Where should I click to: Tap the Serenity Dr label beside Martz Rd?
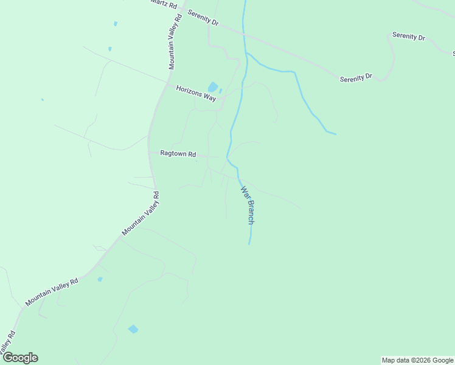coord(203,18)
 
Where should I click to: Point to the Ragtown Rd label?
coord(178,154)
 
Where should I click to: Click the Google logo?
coord(20,358)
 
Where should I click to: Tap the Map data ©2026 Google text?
coord(417,360)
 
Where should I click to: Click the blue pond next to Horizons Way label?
coord(212,87)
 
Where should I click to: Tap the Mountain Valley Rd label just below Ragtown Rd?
coord(141,214)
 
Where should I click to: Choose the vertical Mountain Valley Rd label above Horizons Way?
coord(175,42)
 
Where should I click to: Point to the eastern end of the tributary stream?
coord(335,134)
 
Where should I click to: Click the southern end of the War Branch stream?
coord(249,244)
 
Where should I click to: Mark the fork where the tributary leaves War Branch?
coord(246,54)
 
